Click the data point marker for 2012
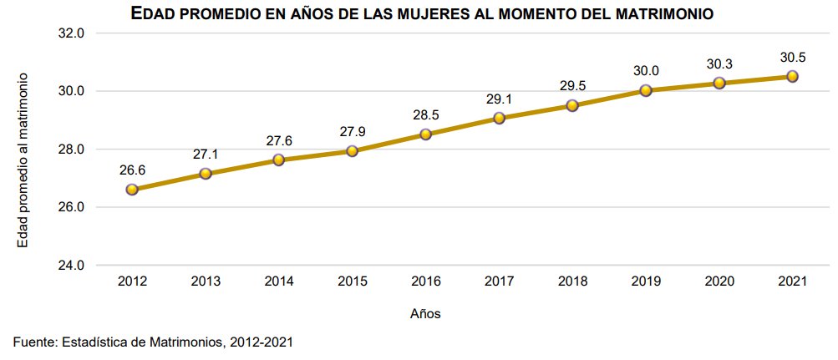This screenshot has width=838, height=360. click(x=132, y=190)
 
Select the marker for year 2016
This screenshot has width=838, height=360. click(x=425, y=134)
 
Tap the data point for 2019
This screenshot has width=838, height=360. click(x=645, y=90)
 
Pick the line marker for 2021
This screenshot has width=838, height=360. click(x=792, y=76)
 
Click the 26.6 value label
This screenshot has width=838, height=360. click(x=132, y=170)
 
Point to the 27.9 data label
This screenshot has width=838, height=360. click(x=352, y=132)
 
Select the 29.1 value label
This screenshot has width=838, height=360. click(x=499, y=99)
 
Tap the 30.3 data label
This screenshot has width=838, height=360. click(x=719, y=64)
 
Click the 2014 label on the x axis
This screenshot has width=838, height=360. click(x=279, y=282)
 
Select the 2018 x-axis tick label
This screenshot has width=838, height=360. click(x=572, y=282)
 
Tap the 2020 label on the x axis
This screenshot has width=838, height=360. click(x=719, y=282)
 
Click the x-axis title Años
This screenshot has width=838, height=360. click(x=425, y=315)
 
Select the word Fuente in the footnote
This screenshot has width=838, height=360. click(x=34, y=342)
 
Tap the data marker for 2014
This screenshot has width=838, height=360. click(x=279, y=160)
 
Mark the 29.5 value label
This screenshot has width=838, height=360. click(x=572, y=87)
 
